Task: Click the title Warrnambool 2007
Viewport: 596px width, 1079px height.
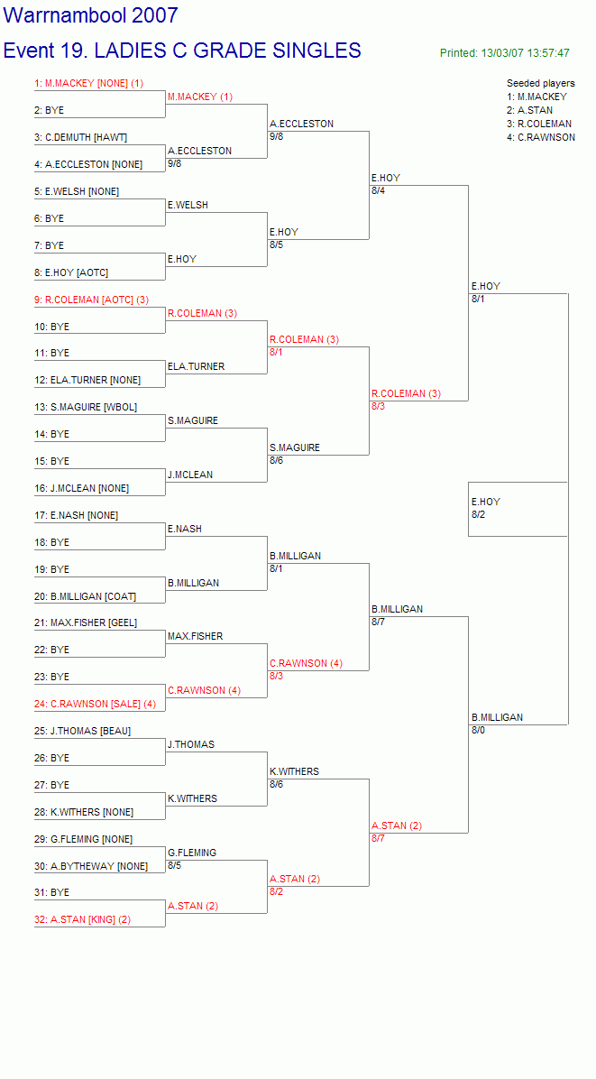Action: click(x=91, y=15)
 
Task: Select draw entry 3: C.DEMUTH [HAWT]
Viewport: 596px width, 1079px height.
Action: click(x=81, y=138)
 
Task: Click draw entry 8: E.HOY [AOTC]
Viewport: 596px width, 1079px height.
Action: click(x=71, y=272)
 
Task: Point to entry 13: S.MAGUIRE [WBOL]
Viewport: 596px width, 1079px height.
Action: click(x=86, y=408)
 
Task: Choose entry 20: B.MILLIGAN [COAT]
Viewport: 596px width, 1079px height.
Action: click(x=86, y=596)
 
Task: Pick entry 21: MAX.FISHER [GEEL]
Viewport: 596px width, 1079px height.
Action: click(x=86, y=623)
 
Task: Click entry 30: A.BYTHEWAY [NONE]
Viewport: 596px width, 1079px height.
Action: click(x=91, y=866)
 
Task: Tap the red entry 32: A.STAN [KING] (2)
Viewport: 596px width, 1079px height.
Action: click(x=82, y=919)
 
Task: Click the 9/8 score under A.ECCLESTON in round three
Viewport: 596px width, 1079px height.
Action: click(x=276, y=136)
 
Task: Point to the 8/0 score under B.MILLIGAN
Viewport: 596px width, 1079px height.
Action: click(x=479, y=730)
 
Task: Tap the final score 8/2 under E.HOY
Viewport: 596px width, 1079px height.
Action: click(x=479, y=514)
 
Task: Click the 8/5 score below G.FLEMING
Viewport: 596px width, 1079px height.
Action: click(x=175, y=865)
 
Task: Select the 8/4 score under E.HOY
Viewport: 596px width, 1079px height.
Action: click(x=378, y=190)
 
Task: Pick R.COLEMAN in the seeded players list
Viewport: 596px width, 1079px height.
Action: click(x=539, y=124)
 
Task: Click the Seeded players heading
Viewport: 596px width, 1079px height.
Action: click(x=541, y=83)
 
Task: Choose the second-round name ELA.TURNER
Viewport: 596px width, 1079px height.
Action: click(x=196, y=367)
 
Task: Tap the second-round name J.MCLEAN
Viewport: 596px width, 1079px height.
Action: click(x=190, y=475)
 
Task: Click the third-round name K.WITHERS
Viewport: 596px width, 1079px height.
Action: click(x=294, y=772)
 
